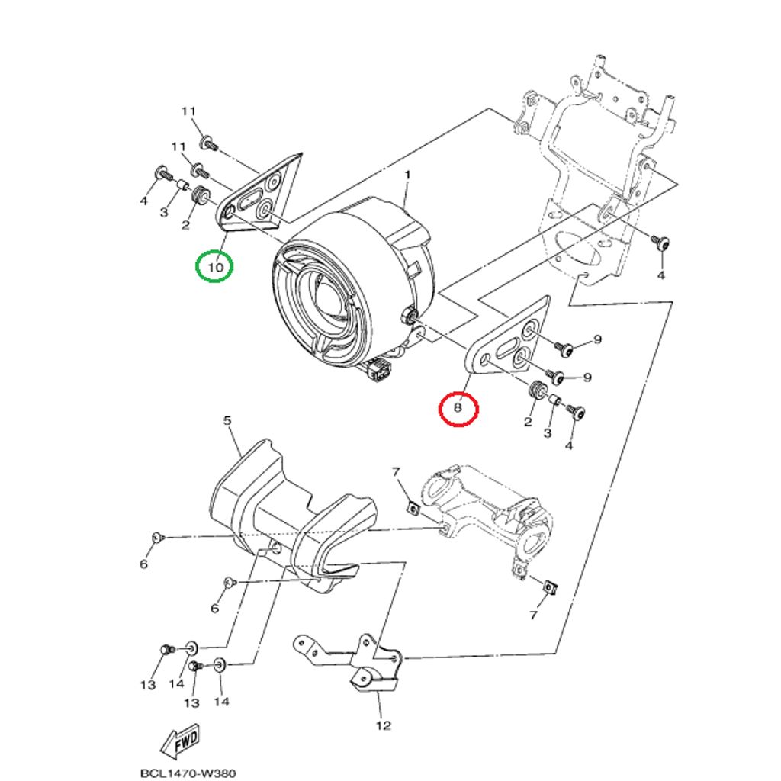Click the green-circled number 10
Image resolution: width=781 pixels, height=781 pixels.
pyautogui.click(x=216, y=268)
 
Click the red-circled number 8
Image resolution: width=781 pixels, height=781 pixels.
pyautogui.click(x=458, y=407)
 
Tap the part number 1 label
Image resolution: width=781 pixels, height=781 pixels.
pyautogui.click(x=408, y=175)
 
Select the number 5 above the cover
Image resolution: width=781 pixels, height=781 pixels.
pyautogui.click(x=227, y=420)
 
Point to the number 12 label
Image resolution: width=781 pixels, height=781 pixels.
pyautogui.click(x=383, y=725)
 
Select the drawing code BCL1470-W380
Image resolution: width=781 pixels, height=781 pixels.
pyautogui.click(x=188, y=773)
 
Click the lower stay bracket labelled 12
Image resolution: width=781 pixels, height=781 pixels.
pyautogui.click(x=349, y=660)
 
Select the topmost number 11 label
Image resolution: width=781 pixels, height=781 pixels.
pyautogui.click(x=188, y=111)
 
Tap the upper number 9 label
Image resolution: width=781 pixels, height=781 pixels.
pyautogui.click(x=598, y=339)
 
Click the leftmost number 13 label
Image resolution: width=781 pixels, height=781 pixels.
pyautogui.click(x=148, y=685)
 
